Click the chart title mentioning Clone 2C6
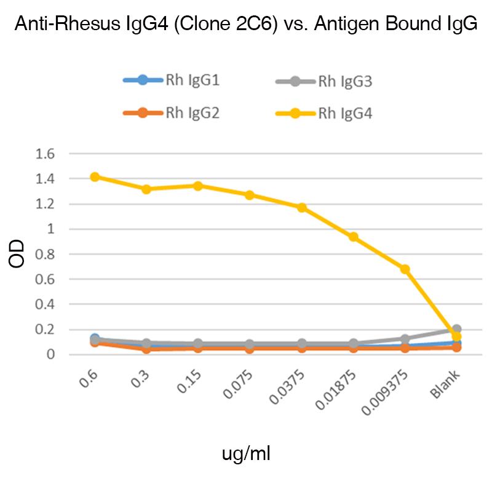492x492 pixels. click(x=245, y=25)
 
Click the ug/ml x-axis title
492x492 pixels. click(x=246, y=454)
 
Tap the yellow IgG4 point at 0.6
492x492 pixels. click(x=95, y=177)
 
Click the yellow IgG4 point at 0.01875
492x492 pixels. click(x=354, y=237)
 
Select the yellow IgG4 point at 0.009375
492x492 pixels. click(x=405, y=269)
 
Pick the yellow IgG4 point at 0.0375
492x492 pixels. click(x=302, y=207)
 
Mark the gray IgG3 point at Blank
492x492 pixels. click(x=456, y=330)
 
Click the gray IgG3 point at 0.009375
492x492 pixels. click(x=405, y=339)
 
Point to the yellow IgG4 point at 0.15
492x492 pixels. click(x=198, y=186)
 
